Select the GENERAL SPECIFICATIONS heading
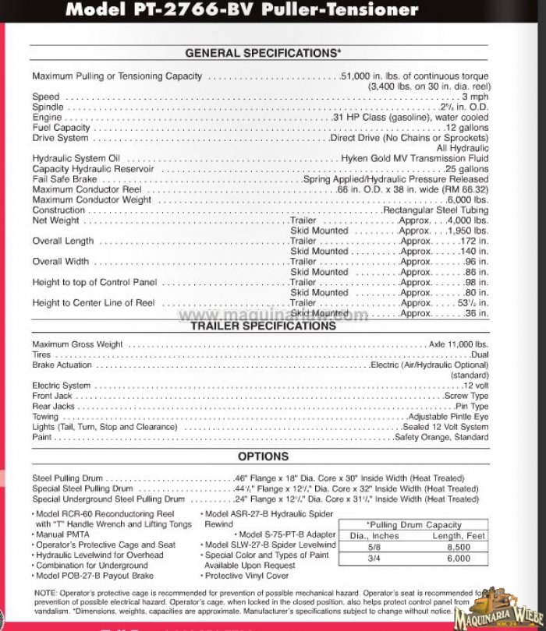[x=263, y=53]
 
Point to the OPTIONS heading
[x=263, y=457]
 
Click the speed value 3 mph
[x=475, y=97]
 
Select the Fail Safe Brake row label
[x=65, y=179]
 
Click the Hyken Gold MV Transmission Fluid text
[x=414, y=158]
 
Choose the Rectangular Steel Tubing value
[x=435, y=210]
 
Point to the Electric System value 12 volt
[x=475, y=386]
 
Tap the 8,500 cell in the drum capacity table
[x=459, y=547]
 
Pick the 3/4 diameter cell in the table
[x=374, y=559]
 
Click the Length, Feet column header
[x=459, y=536]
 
